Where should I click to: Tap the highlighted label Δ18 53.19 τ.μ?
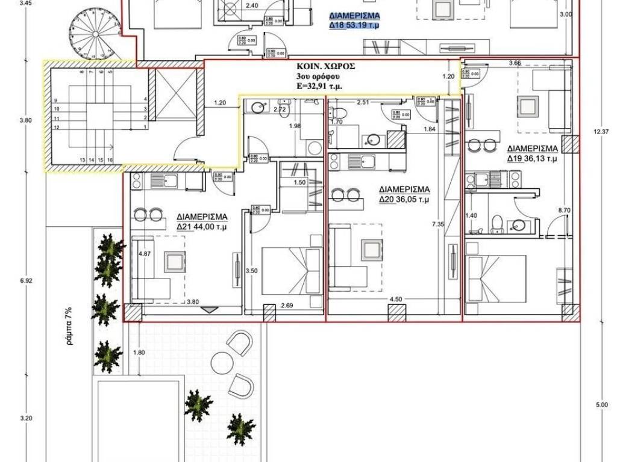click(x=355, y=26)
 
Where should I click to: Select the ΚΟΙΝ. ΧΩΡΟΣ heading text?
click(x=326, y=67)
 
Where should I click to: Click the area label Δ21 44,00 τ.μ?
click(x=201, y=227)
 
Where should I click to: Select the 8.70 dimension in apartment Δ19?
click(x=564, y=210)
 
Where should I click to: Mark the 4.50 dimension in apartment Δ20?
click(x=396, y=299)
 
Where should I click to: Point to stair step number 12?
click(x=56, y=128)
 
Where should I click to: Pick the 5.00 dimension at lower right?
click(x=601, y=405)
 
